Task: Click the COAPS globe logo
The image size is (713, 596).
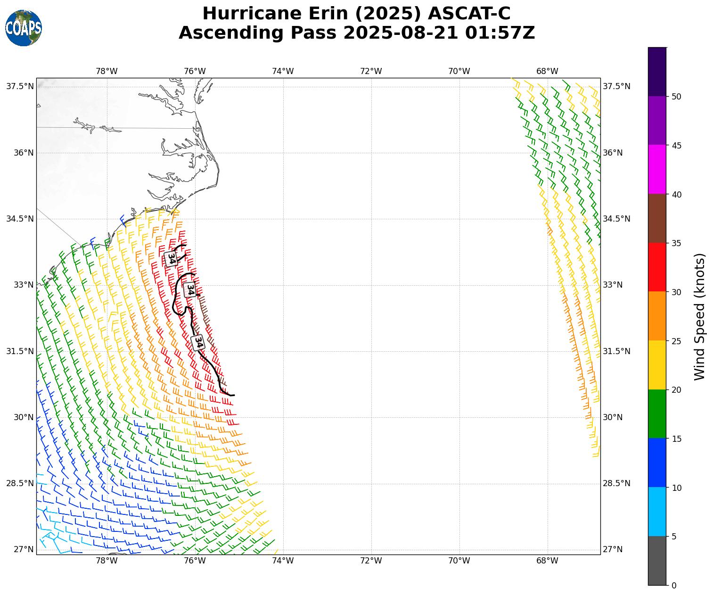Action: tap(24, 28)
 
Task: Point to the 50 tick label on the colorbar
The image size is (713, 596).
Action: tap(676, 97)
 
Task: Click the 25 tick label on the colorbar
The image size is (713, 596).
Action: tap(676, 341)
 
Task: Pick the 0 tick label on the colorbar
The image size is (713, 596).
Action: tap(674, 586)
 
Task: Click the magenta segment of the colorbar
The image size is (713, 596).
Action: tap(657, 169)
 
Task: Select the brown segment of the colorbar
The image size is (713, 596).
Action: tap(657, 218)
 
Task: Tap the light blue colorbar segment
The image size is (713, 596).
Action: tap(657, 512)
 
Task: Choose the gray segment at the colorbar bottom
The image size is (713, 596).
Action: tap(657, 561)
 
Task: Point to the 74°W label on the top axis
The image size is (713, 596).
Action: tap(283, 71)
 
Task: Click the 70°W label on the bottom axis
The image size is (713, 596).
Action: tap(459, 561)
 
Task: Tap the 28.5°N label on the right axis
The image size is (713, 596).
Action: tap(616, 483)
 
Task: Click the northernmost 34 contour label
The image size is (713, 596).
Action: tap(171, 258)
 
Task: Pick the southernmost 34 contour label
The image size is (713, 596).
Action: tap(198, 342)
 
